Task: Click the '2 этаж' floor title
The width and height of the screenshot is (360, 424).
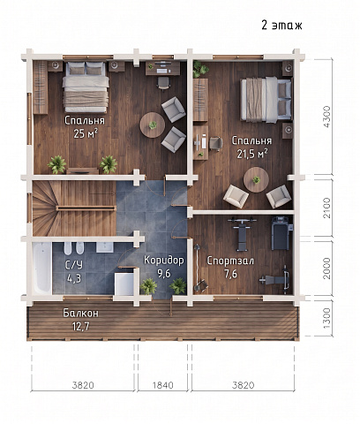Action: coord(281,26)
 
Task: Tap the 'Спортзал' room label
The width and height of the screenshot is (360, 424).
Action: coord(230,261)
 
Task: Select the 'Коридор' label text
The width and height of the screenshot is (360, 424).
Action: coord(164,261)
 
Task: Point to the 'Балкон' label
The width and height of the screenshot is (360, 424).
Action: coord(81,314)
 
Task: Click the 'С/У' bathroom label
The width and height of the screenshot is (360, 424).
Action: coord(74,264)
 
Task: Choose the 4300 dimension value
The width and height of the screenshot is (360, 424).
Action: coord(326,117)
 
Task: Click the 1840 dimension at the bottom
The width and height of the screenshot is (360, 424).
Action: coord(163,385)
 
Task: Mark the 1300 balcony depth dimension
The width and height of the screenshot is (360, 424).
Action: coord(326,319)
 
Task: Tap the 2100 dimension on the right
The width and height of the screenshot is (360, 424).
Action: coord(326,208)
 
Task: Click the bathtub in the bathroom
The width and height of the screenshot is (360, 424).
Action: coord(42,268)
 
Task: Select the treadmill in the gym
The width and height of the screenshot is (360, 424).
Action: coord(281,233)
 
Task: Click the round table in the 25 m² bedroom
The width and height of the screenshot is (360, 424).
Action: coord(152,125)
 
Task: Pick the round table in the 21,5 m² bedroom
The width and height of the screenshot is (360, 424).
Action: coord(256,179)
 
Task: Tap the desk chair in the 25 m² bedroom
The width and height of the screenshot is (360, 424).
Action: coord(163,83)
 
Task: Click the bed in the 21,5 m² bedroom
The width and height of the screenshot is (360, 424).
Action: coord(266,100)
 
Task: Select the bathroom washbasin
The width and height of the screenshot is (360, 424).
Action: coord(105,247)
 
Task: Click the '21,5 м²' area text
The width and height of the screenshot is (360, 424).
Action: coord(252,154)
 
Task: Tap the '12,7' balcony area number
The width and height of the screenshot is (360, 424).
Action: coord(81,326)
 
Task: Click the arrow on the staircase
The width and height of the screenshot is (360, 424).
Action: coord(101,193)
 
